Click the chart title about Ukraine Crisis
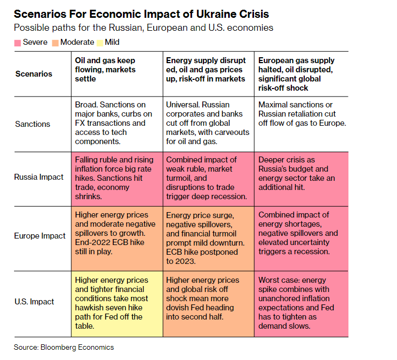[141, 13]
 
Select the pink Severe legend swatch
[17, 42]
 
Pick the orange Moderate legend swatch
[56, 42]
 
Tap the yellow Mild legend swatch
[101, 42]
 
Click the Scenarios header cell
[34, 73]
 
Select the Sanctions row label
[32, 124]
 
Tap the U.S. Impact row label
[35, 302]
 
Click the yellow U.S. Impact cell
[117, 303]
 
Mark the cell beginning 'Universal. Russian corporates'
[208, 124]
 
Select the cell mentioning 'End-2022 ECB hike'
[117, 235]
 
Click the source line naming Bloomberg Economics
[64, 347]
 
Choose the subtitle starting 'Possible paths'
[143, 28]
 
